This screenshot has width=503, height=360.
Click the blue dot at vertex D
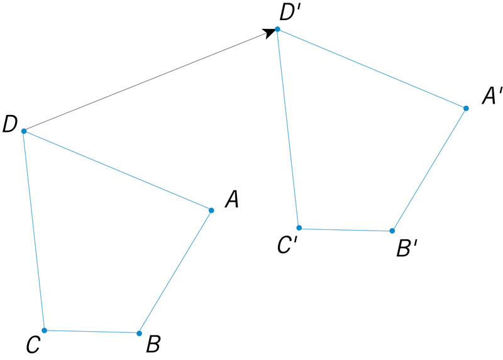[24, 131]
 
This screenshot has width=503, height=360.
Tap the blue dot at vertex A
[211, 210]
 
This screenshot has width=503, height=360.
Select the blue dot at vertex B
[139, 333]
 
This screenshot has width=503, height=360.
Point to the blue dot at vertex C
[44, 330]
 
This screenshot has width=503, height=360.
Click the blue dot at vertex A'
[466, 108]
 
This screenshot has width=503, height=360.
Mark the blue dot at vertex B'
[392, 231]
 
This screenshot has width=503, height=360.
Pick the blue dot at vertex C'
[299, 227]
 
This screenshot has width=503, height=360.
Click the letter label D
[9, 124]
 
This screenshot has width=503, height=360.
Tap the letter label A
[231, 200]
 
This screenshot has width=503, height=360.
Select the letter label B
[153, 344]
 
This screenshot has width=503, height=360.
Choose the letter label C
[33, 344]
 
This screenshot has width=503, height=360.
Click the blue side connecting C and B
[91, 331]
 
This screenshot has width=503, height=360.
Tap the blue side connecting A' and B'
[429, 170]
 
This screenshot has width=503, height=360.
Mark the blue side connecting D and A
[118, 170]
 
